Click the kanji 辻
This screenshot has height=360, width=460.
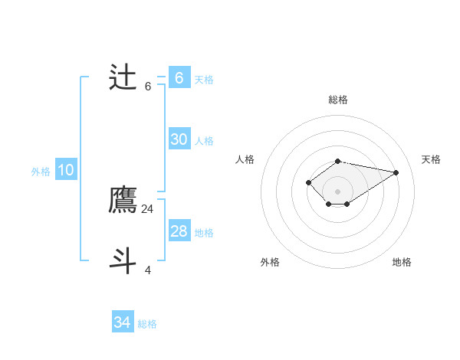123,77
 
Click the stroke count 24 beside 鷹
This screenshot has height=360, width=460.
148,208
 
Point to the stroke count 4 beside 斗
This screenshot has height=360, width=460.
148,270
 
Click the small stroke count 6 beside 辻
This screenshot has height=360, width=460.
148,86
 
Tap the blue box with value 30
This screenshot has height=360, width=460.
179,139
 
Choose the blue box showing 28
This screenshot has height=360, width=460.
179,231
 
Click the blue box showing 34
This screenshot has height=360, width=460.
122,322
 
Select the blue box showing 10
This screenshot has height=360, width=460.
65,170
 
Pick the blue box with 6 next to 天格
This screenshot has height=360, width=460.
179,77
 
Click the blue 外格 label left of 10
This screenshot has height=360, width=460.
41,172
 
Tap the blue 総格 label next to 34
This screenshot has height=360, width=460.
147,324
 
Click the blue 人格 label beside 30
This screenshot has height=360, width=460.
204,140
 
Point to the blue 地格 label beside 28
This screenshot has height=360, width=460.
204,232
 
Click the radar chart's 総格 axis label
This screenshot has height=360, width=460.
338,100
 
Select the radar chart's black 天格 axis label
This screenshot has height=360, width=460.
431,159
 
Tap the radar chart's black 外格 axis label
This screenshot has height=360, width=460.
270,262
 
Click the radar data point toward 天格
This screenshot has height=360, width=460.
396,172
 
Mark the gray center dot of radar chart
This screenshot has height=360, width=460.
338,191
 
